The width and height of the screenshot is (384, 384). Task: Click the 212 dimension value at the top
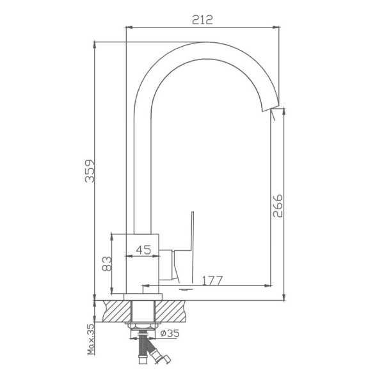coord(203,19)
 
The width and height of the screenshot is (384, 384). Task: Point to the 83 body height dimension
coord(107,262)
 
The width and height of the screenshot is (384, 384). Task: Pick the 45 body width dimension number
coord(144,250)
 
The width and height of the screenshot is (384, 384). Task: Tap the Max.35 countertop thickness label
coord(91,339)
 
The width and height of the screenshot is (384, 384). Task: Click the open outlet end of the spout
coord(271,108)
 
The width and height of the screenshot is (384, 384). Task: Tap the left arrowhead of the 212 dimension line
coord(129,28)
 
